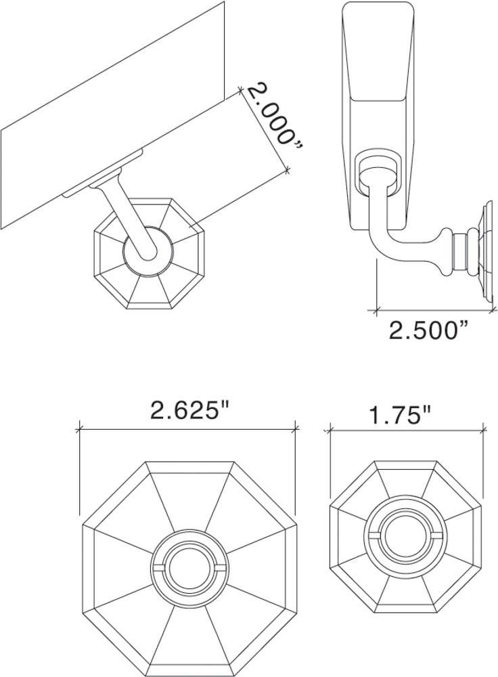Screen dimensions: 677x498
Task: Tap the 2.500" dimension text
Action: coord(429,330)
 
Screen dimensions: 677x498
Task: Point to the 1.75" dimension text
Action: coord(401,414)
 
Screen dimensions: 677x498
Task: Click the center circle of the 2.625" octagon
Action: coord(188,567)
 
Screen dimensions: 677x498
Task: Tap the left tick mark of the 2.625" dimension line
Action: coord(80,429)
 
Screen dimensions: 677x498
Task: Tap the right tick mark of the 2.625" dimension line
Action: coord(296,428)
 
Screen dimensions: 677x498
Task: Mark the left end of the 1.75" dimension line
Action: coord(330,429)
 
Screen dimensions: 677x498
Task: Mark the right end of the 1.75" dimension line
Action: coord(483,429)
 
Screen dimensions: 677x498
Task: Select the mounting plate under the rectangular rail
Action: coord(101,175)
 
